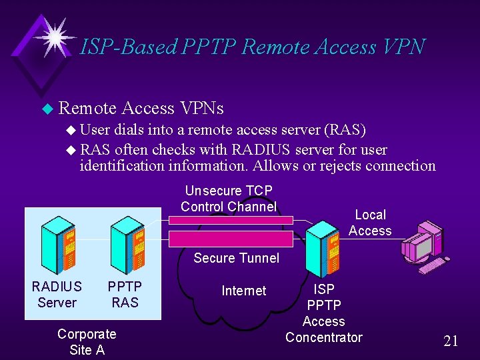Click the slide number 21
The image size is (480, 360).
451,341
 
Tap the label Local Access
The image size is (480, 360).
370,223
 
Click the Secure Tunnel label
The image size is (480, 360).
236,258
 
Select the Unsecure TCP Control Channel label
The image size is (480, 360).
228,199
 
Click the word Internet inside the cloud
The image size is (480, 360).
243,291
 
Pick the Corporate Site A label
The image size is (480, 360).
87,341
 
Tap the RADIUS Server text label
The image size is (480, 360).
57,294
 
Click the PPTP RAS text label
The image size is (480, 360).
125,294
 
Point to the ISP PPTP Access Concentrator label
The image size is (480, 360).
323,313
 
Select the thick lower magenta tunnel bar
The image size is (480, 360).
231,239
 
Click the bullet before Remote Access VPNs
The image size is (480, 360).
46,108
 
